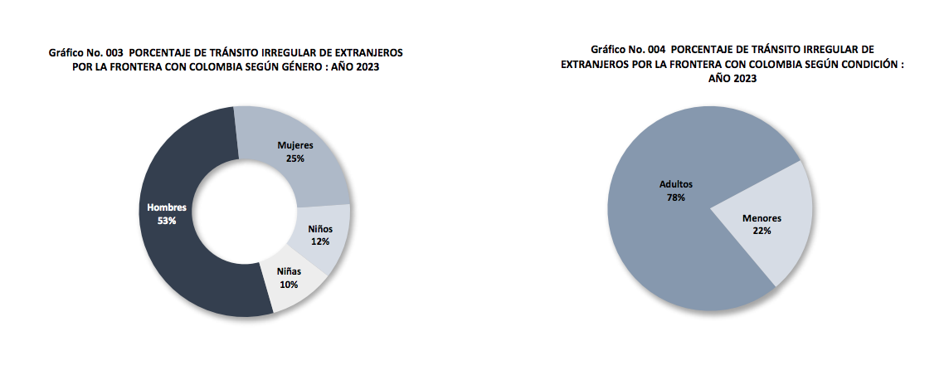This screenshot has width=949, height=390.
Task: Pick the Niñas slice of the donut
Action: tap(286, 295)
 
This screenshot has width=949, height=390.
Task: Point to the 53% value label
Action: tap(167, 221)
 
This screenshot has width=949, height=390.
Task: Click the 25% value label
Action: tap(296, 158)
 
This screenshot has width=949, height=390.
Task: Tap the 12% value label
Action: tap(320, 241)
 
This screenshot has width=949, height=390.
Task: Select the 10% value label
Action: tap(289, 285)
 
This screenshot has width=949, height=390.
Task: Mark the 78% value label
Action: tap(675, 197)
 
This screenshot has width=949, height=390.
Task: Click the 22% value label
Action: tap(762, 231)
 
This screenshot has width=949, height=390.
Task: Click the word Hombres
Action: tap(167, 207)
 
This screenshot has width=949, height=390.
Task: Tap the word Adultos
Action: tap(675, 184)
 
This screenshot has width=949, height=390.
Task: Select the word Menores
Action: tap(762, 218)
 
